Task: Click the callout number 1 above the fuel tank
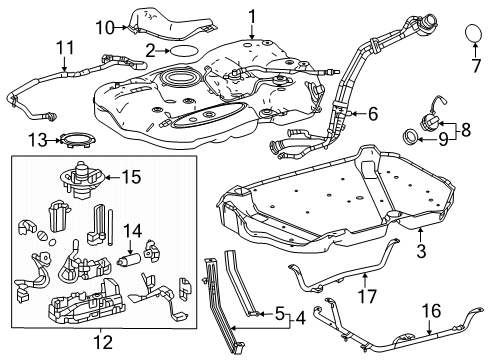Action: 252,14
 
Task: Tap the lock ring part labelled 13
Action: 73,138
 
